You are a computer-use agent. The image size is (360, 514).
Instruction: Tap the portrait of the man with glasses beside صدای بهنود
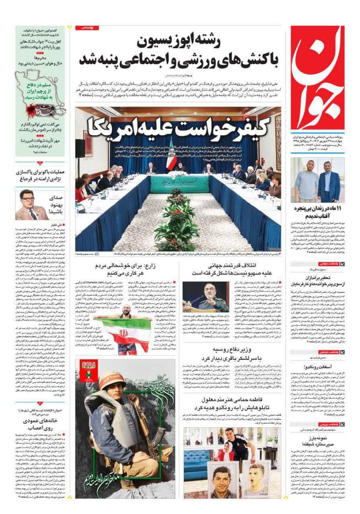click(29, 205)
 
